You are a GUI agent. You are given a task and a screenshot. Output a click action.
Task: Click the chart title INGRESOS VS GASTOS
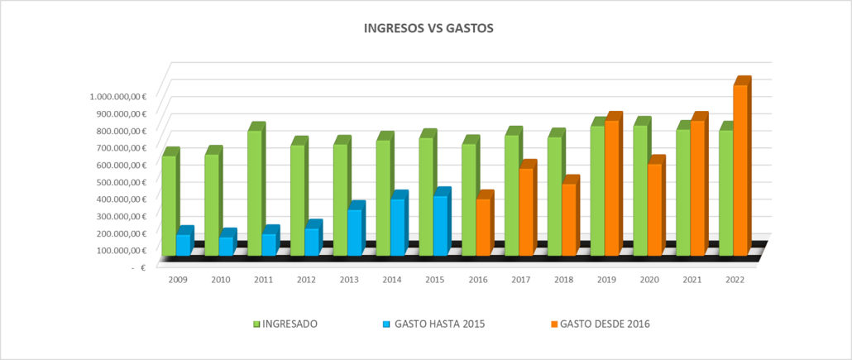tap(428, 28)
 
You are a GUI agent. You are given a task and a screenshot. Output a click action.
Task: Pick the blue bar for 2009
tap(184, 241)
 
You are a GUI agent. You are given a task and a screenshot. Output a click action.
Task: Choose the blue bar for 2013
tap(357, 228)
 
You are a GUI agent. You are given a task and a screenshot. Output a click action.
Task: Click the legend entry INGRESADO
tap(285, 324)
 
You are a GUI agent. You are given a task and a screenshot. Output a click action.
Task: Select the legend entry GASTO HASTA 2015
tap(434, 324)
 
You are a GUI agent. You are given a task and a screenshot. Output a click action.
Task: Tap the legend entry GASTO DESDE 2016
tap(601, 324)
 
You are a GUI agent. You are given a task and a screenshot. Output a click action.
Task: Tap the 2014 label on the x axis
tap(392, 280)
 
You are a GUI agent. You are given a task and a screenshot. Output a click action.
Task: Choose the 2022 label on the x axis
tap(735, 280)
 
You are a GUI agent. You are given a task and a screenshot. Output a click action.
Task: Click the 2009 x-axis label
tap(178, 280)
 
